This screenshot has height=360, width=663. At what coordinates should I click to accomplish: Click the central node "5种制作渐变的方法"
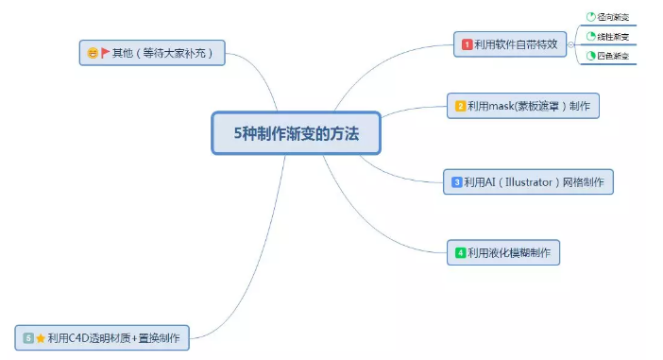(297, 132)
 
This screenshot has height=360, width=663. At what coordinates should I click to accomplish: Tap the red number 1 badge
(467, 43)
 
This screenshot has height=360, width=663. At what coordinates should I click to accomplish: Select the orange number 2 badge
(460, 106)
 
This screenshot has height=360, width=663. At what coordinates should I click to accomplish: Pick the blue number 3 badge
(456, 181)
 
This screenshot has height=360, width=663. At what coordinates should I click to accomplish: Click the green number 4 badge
(460, 252)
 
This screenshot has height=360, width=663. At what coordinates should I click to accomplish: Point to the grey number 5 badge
(28, 336)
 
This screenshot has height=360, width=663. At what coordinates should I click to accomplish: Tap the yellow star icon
(41, 336)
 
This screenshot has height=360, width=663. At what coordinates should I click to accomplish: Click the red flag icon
(105, 53)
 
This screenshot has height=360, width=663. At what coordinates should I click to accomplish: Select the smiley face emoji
(93, 53)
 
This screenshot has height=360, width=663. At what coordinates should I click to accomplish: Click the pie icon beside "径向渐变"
(591, 17)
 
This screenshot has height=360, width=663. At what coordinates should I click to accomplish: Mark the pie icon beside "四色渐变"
(591, 57)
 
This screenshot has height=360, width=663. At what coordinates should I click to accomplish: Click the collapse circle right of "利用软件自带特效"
(570, 44)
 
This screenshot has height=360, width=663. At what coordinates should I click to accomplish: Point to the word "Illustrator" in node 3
(522, 181)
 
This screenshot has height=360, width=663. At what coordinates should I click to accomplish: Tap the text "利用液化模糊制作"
(510, 252)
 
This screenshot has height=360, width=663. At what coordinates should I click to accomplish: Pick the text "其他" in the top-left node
(122, 53)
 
